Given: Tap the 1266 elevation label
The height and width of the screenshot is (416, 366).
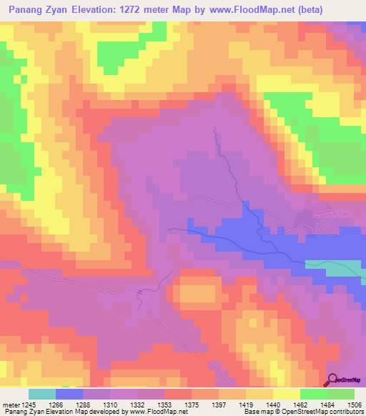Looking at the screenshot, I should pos(55,404).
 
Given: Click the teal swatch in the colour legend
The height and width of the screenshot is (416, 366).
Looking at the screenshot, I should pos(42,394).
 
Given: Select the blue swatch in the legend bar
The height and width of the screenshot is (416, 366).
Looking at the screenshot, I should pos(69,394).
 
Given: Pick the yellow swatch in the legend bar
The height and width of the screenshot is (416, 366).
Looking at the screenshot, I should pos(287,394).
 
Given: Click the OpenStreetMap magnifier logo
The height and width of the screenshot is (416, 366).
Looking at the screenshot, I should pos(333,380).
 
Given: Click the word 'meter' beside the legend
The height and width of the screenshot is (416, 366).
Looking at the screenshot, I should pos(11,404).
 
